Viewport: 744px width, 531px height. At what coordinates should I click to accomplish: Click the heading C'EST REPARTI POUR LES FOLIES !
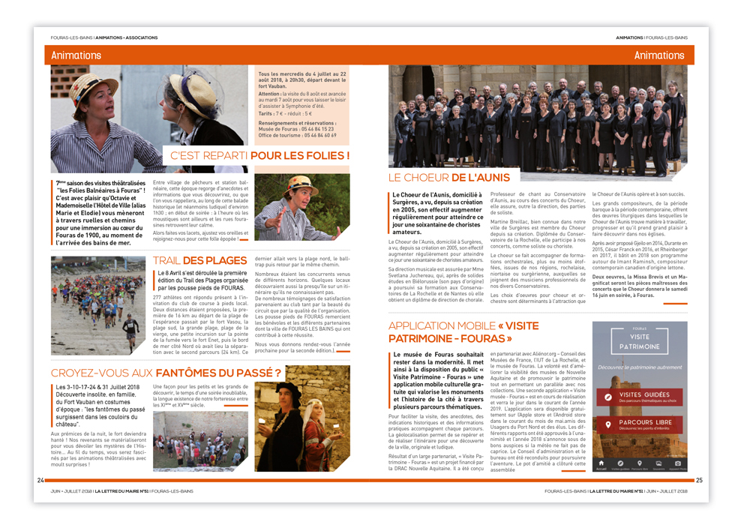click(260, 156)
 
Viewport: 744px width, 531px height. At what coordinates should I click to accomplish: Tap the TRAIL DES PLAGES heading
click(199, 260)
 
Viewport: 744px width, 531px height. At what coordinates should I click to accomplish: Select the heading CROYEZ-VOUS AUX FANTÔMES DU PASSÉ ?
click(166, 373)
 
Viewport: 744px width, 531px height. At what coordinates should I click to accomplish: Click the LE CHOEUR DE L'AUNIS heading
click(448, 178)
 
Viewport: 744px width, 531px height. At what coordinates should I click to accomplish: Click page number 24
click(41, 480)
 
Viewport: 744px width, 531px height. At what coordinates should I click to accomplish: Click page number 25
click(699, 481)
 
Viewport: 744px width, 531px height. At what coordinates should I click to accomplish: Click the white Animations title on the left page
click(76, 55)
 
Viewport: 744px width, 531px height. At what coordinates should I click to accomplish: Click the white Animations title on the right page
click(658, 55)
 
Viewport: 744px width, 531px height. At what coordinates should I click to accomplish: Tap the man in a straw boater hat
click(301, 208)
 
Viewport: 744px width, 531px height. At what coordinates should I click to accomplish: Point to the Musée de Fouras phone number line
click(297, 130)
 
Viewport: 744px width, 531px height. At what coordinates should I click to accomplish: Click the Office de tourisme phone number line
click(297, 136)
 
